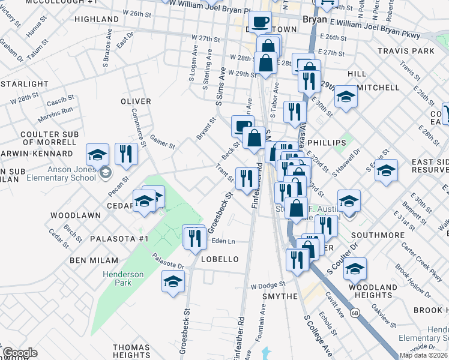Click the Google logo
[20, 353]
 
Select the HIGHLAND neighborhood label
[97, 19]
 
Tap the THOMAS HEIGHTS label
[131, 352]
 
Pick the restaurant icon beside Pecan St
[126, 153]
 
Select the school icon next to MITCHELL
[346, 96]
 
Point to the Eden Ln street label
[223, 241]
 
